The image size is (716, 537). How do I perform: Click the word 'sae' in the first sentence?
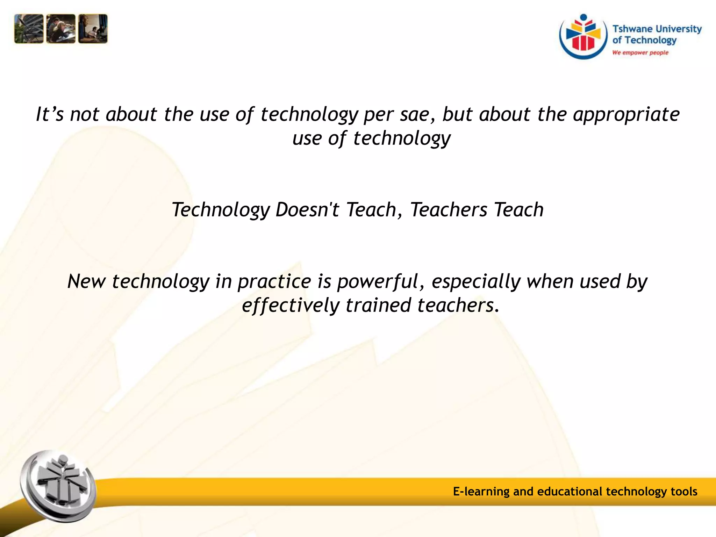tap(414, 115)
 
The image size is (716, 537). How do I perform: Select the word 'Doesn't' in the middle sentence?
tap(307, 210)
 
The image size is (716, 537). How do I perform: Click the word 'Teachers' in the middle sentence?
tap(449, 210)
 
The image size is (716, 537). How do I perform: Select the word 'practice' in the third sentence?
tap(274, 282)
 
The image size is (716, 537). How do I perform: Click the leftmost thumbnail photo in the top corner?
tap(29, 29)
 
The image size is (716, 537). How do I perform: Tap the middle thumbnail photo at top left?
tap(60, 29)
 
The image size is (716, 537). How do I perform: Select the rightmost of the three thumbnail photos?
tap(93, 29)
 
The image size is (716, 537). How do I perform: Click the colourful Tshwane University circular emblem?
tap(583, 36)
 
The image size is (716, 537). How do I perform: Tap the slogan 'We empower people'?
tap(640, 53)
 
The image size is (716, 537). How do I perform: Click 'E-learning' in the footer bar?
tap(481, 492)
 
